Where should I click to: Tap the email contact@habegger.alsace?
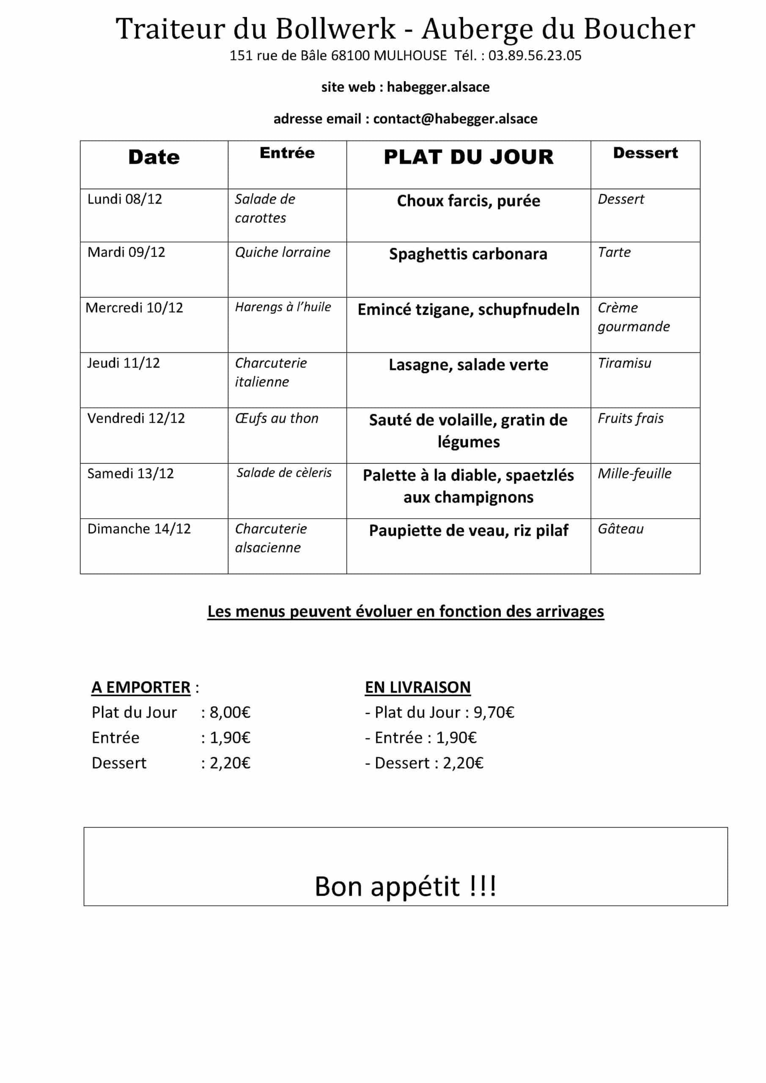click(x=455, y=118)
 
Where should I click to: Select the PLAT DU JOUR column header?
click(x=468, y=157)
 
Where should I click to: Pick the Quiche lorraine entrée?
click(x=283, y=253)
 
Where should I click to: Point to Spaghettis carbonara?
click(x=468, y=254)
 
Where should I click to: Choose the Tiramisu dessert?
click(x=624, y=363)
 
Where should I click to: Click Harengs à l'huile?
click(x=283, y=307)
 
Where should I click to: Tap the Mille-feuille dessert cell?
click(x=634, y=473)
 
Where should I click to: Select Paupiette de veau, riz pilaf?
click(x=468, y=531)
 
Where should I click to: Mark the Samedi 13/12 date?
click(x=130, y=473)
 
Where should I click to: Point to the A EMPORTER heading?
click(x=141, y=687)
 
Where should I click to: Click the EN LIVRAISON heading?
click(x=417, y=687)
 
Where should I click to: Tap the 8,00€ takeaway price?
click(x=230, y=712)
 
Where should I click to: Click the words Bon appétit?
click(x=387, y=886)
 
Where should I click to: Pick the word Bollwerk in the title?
click(x=335, y=29)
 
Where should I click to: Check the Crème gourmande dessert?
click(x=634, y=317)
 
